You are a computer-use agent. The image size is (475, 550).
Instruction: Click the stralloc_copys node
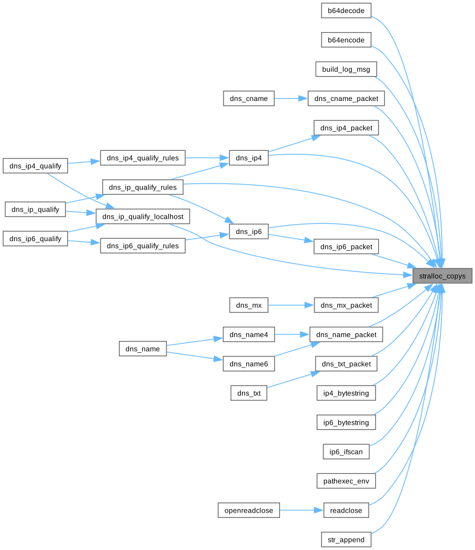coord(442,276)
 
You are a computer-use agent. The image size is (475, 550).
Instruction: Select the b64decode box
coord(346,11)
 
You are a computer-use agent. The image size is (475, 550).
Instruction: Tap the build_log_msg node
coord(346,69)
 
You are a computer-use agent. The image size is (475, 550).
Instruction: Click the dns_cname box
coord(248,99)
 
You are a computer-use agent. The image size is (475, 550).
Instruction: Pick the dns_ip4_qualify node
coord(35,166)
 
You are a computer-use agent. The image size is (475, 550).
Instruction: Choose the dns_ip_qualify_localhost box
coord(143,216)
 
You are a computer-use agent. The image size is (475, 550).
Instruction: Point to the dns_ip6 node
coord(248,232)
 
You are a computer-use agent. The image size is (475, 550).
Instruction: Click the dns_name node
coord(143,349)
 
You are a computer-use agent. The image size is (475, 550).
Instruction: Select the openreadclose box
coord(248,510)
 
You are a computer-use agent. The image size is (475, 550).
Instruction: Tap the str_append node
coord(346,539)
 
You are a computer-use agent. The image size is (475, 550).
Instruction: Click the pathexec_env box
coord(346,481)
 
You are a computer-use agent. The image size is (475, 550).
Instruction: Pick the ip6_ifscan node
coord(346,451)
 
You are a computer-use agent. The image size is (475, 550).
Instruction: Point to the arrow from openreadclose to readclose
coord(301,510)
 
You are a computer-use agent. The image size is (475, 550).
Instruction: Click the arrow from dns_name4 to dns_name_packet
coord(292,334)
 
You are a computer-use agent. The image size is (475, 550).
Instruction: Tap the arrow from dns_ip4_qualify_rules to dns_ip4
coord(207,158)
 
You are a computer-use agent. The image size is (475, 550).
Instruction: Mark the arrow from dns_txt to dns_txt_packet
coord(293,380)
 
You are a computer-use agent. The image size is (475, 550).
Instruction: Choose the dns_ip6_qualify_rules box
coord(143,246)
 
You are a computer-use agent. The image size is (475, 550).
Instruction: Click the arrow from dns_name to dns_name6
coord(194,356)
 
